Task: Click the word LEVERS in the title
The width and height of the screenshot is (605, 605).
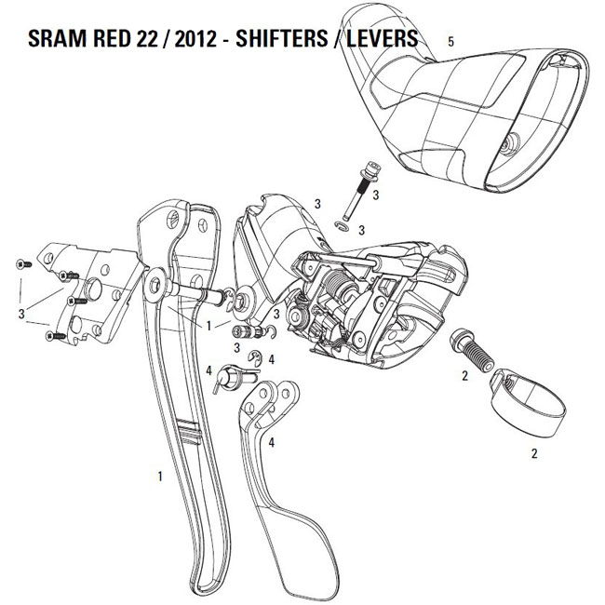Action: [x=382, y=38]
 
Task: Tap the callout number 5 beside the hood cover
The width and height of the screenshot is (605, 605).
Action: [x=450, y=41]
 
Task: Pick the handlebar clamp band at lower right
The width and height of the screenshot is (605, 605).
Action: [x=528, y=403]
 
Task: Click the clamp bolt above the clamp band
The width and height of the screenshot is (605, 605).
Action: [x=472, y=350]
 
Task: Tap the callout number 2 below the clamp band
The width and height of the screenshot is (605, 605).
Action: [x=534, y=453]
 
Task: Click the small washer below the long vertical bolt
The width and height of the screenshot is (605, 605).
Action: [x=342, y=226]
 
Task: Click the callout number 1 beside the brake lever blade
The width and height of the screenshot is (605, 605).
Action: [x=160, y=477]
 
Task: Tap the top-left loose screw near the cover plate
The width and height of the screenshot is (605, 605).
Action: [x=23, y=264]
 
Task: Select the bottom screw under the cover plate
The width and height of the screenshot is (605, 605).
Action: [x=56, y=337]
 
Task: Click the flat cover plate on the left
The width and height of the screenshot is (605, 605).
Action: [x=91, y=293]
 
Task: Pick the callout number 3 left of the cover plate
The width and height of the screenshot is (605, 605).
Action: [x=21, y=314]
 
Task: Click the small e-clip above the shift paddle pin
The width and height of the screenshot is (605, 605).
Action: [x=255, y=357]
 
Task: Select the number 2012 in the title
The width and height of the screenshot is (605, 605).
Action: [x=195, y=38]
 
